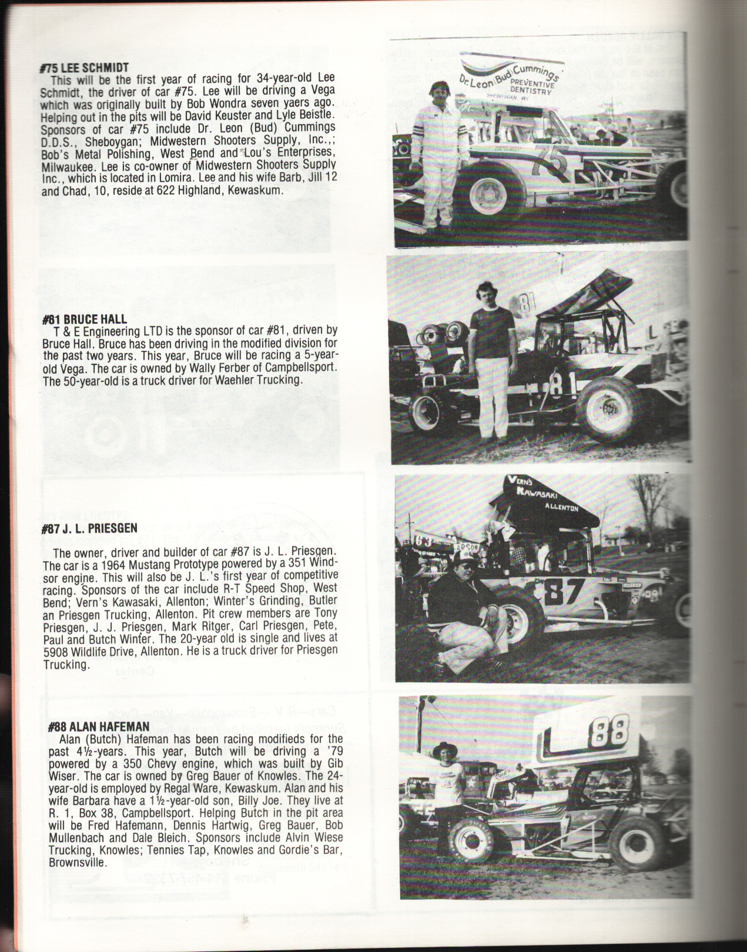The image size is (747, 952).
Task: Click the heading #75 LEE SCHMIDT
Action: [84, 68]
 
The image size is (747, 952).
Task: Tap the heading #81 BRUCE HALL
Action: [84, 319]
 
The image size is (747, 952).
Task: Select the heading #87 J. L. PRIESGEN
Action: [89, 528]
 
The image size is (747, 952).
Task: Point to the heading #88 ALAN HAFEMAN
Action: [98, 726]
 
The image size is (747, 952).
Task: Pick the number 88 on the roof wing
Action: [609, 730]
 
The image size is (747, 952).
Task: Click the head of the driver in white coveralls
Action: [441, 92]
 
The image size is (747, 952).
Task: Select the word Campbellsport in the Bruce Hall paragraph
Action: [302, 368]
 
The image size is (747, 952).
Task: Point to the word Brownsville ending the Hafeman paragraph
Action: [77, 863]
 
